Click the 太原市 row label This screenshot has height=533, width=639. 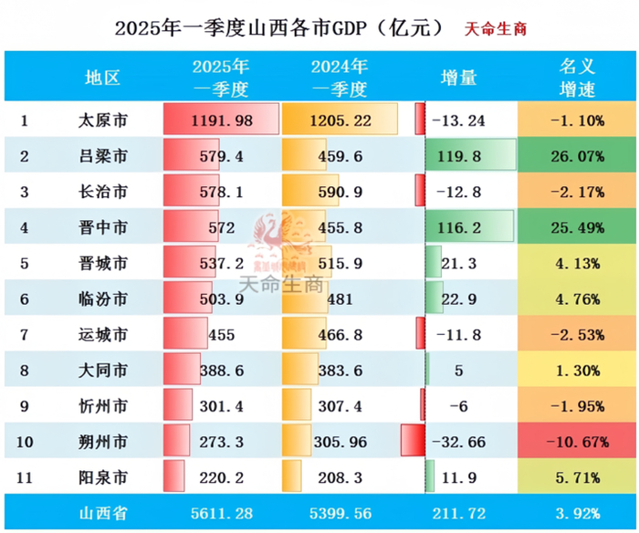click(102, 120)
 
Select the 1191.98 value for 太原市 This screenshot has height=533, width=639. click(221, 120)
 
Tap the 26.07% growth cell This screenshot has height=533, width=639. click(576, 156)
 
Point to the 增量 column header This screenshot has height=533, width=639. click(458, 78)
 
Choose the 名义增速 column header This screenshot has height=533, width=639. click(576, 78)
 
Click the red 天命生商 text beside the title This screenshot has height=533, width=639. click(496, 28)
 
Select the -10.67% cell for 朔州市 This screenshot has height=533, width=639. click(576, 442)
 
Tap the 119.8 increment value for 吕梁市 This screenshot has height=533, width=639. click(458, 156)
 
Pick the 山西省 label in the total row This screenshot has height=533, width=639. click(102, 514)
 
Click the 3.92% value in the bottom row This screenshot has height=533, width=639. click(576, 514)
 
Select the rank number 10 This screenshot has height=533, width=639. click(26, 442)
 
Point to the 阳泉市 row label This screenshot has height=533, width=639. click(102, 477)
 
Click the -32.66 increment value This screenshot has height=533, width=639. click(458, 442)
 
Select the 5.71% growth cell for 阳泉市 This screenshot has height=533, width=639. click(576, 477)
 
